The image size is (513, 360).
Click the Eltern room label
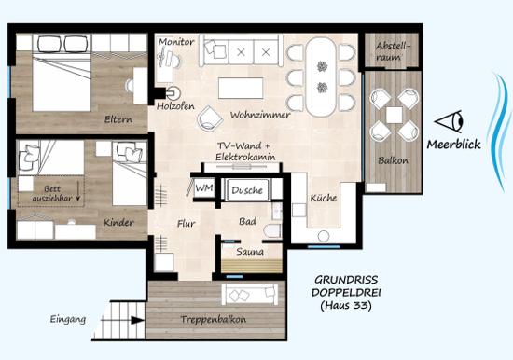[x=118, y=119]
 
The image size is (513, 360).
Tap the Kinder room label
[x=118, y=223]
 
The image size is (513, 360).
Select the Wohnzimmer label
[x=260, y=115]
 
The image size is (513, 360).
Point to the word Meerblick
[x=454, y=145]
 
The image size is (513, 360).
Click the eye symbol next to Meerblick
[x=449, y=121]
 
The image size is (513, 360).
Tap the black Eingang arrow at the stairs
[x=137, y=320]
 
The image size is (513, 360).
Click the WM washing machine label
[x=204, y=187]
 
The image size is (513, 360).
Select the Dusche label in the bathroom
[x=247, y=190]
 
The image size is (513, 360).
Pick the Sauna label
[x=250, y=252]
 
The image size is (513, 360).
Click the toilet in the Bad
[x=273, y=230]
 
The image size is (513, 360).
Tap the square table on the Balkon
[x=394, y=115]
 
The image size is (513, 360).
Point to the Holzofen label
[x=175, y=106]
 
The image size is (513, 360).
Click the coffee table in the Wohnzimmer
[x=241, y=88]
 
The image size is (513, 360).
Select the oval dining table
[x=321, y=76]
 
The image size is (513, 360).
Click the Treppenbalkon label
[x=214, y=319]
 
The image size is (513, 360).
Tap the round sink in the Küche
[x=324, y=236]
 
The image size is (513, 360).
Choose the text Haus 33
[x=346, y=306]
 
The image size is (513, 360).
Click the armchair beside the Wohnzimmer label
[x=210, y=118]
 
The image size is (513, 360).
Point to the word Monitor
[x=176, y=42]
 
